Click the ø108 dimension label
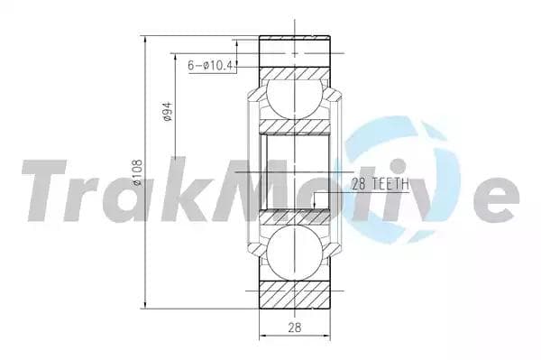pos(138,172)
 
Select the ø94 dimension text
pos(168,111)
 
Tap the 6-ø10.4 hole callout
pos(211,65)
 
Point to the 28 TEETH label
pos(380,184)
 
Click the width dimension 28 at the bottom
pos(294,327)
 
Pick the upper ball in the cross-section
pos(294,98)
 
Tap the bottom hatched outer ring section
pos(294,294)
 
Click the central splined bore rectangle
pos(294,171)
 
